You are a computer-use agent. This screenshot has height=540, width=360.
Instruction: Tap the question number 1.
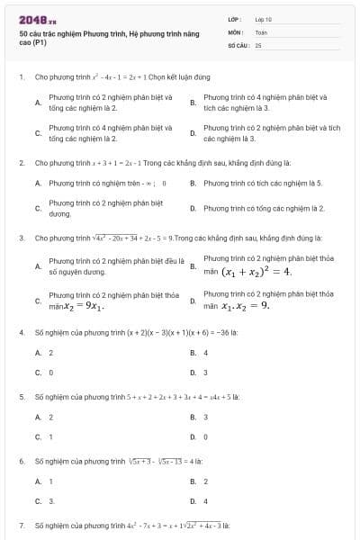[x=21, y=77]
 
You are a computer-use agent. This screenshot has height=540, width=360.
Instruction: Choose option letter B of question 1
[x=193, y=103]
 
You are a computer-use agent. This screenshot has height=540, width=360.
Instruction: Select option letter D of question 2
[x=193, y=208]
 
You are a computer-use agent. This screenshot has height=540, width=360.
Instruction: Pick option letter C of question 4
[x=38, y=372]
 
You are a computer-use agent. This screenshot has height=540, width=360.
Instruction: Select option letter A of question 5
[x=38, y=417]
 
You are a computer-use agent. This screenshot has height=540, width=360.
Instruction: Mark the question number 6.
[x=21, y=461]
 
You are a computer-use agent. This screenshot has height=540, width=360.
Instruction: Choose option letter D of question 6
[x=193, y=500]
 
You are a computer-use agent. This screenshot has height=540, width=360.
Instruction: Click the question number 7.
[x=21, y=524]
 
